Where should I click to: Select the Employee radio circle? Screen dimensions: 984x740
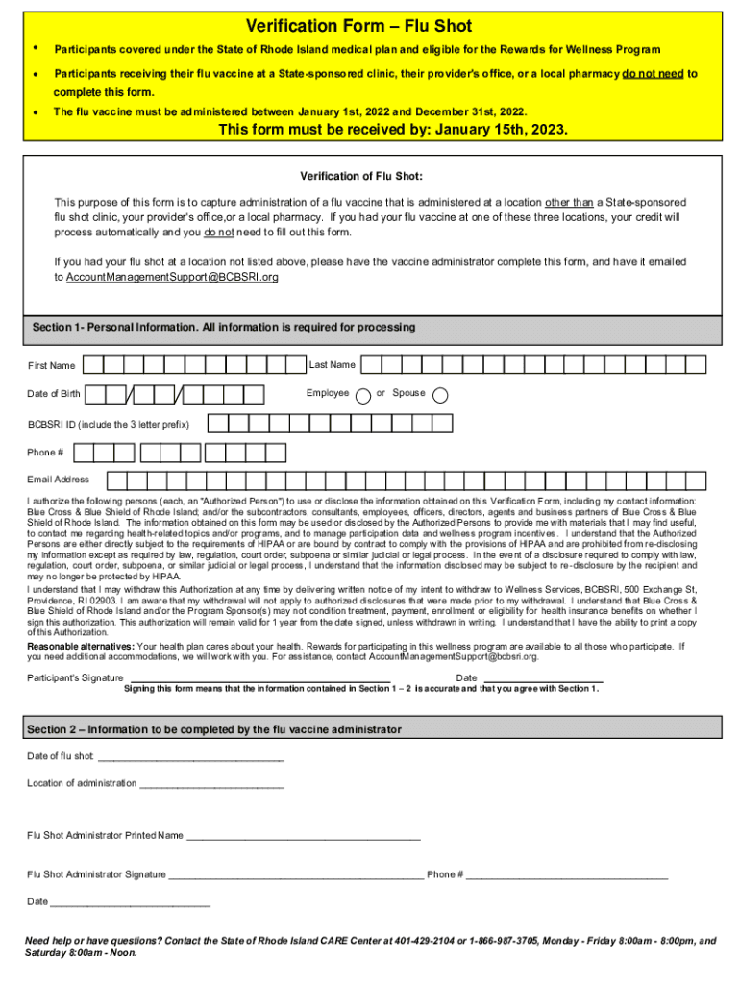363,395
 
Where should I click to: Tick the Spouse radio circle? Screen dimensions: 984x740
441,395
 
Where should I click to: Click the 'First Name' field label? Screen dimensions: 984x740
52,366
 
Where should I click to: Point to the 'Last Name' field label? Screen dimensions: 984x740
332,365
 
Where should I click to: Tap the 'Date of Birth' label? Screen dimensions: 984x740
54,394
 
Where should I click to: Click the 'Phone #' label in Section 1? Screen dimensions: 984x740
46,452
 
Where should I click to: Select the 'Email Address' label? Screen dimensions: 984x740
59,480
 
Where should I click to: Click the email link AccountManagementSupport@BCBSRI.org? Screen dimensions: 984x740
172,277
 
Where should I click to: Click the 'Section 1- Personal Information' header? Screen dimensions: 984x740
224,328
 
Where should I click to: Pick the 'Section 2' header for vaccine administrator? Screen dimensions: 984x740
214,730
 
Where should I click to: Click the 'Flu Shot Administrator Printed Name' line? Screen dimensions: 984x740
304,836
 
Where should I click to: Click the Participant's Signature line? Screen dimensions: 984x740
259,678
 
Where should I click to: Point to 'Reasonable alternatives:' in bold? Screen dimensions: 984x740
81,647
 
